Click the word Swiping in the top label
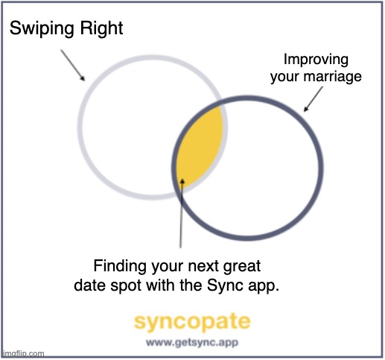coord(39,30)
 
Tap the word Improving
coord(316,61)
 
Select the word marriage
coord(331,78)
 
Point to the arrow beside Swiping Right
coord(72,65)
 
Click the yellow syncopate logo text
coord(192,322)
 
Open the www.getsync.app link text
coord(192,344)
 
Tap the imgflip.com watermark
coord(23,354)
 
